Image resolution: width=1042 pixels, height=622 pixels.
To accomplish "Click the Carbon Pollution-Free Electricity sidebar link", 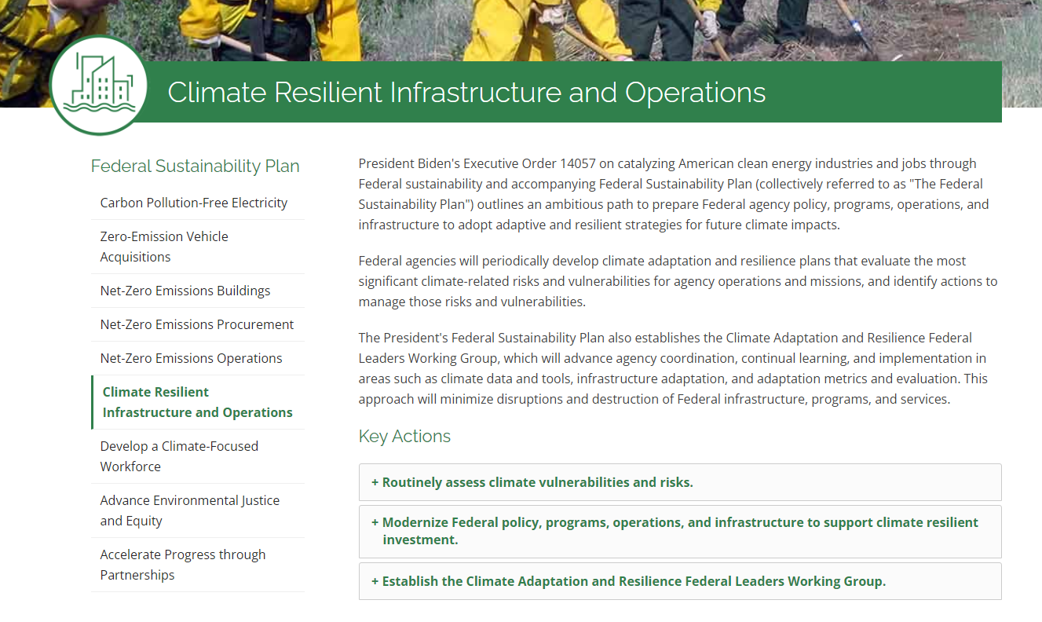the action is click(x=193, y=203).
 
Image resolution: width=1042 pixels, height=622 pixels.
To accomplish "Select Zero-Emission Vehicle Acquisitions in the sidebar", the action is click(x=164, y=247).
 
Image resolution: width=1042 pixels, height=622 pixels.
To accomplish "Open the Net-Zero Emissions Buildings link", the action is click(x=185, y=291).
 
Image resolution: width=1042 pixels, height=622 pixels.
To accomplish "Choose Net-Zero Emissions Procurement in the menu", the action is click(x=197, y=324).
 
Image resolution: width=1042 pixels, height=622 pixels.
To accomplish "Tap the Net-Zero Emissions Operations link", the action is click(x=191, y=358).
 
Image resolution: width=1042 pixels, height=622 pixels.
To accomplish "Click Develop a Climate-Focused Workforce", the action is click(x=179, y=456).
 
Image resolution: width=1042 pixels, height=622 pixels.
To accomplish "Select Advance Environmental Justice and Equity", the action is click(x=190, y=510).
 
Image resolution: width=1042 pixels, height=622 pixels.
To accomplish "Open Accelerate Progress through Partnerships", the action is click(x=183, y=565).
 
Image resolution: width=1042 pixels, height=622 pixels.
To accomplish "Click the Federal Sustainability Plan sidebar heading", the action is click(x=195, y=166).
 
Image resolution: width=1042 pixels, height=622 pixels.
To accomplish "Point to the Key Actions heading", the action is click(x=404, y=437).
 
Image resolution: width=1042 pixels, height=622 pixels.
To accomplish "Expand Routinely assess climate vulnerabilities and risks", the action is click(x=532, y=482).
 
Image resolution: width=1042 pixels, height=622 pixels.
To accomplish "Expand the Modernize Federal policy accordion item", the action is click(x=675, y=531).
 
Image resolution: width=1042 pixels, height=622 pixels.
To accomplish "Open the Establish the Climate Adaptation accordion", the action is click(x=628, y=581).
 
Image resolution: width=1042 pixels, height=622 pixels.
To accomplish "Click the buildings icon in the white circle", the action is click(x=99, y=84).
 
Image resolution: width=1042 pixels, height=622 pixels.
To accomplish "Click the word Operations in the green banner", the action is click(x=695, y=93).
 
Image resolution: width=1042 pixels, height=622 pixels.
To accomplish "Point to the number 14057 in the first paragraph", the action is click(x=578, y=164).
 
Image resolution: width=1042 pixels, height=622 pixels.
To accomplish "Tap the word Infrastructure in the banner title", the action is click(x=475, y=93).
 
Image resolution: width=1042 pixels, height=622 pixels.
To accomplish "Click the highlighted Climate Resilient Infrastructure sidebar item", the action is click(x=197, y=402).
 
